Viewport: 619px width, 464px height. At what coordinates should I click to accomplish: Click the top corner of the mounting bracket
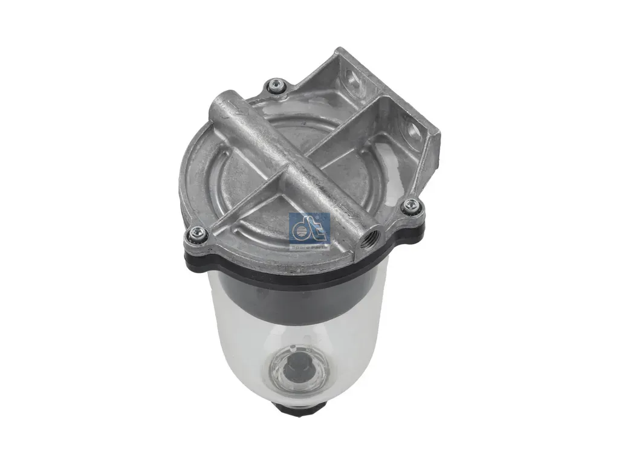tap(331, 53)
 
